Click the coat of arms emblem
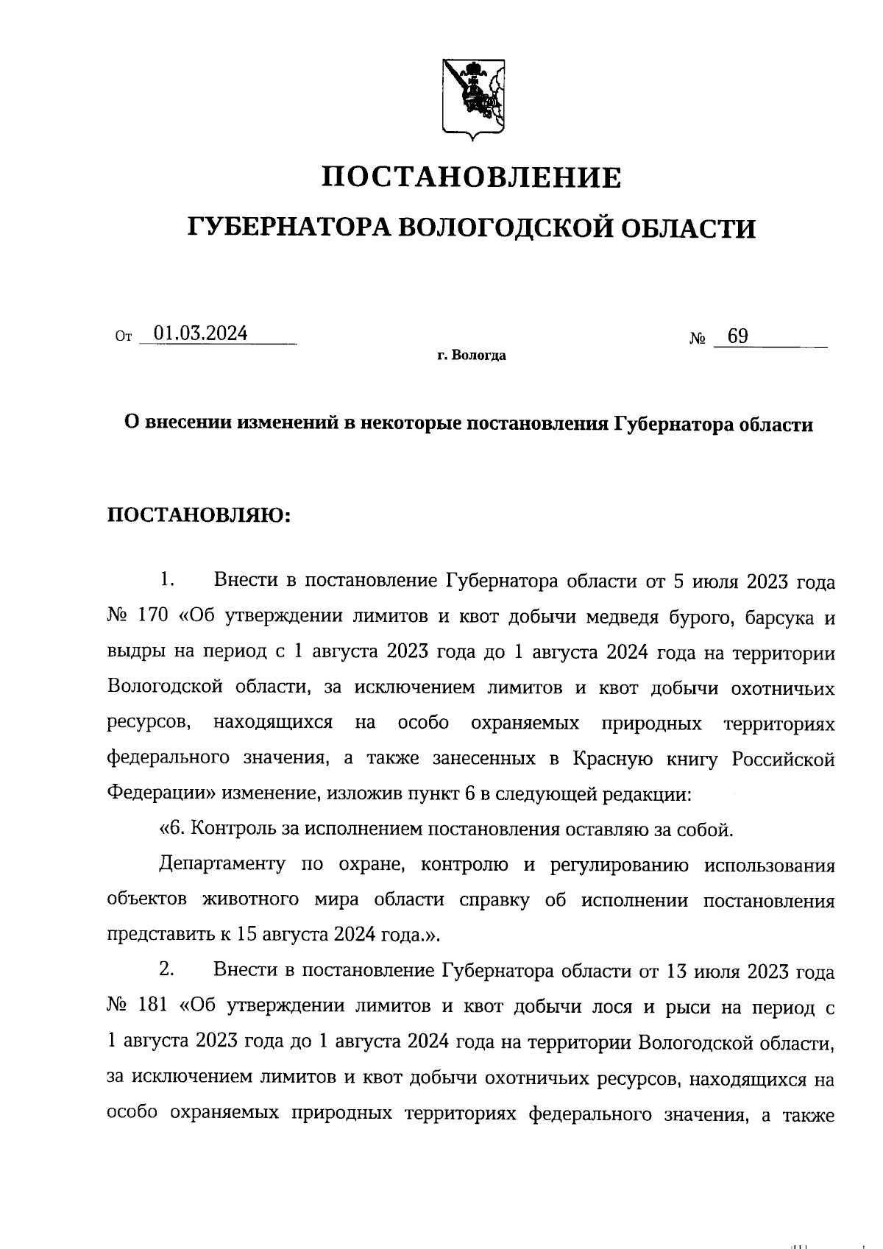[x=473, y=96]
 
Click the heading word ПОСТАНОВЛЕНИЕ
[x=473, y=177]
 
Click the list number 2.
[x=166, y=970]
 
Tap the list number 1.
[x=166, y=580]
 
